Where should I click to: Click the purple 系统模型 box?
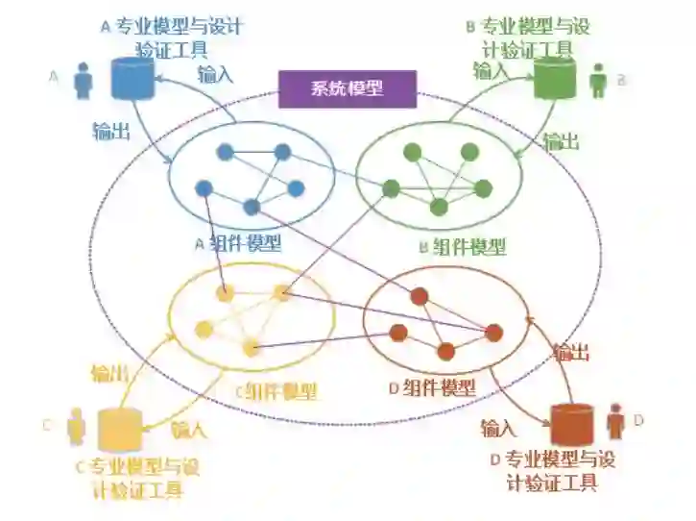pos(347,89)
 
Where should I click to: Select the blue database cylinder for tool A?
pos(132,80)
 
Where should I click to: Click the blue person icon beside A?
pos(84,81)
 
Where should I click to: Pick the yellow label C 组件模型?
pos(276,391)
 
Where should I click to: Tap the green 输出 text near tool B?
pos(561,142)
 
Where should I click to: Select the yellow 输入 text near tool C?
pos(188,429)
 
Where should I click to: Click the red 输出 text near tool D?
pos(570,353)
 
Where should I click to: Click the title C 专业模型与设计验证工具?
pos(136,478)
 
